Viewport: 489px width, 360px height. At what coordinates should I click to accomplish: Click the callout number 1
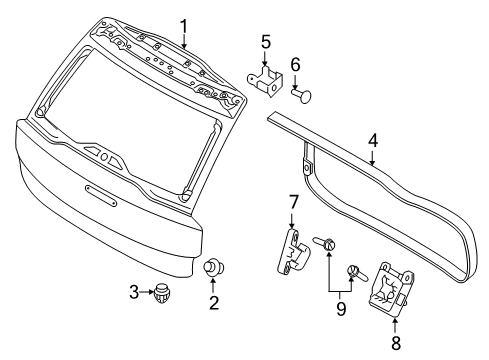[x=184, y=25]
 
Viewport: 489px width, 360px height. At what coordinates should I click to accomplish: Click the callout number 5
[x=265, y=42]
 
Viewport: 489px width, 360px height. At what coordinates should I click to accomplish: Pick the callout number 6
[x=295, y=64]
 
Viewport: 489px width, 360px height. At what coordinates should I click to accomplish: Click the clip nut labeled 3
[x=160, y=294]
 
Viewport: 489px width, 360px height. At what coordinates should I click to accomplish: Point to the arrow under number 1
[x=184, y=40]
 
